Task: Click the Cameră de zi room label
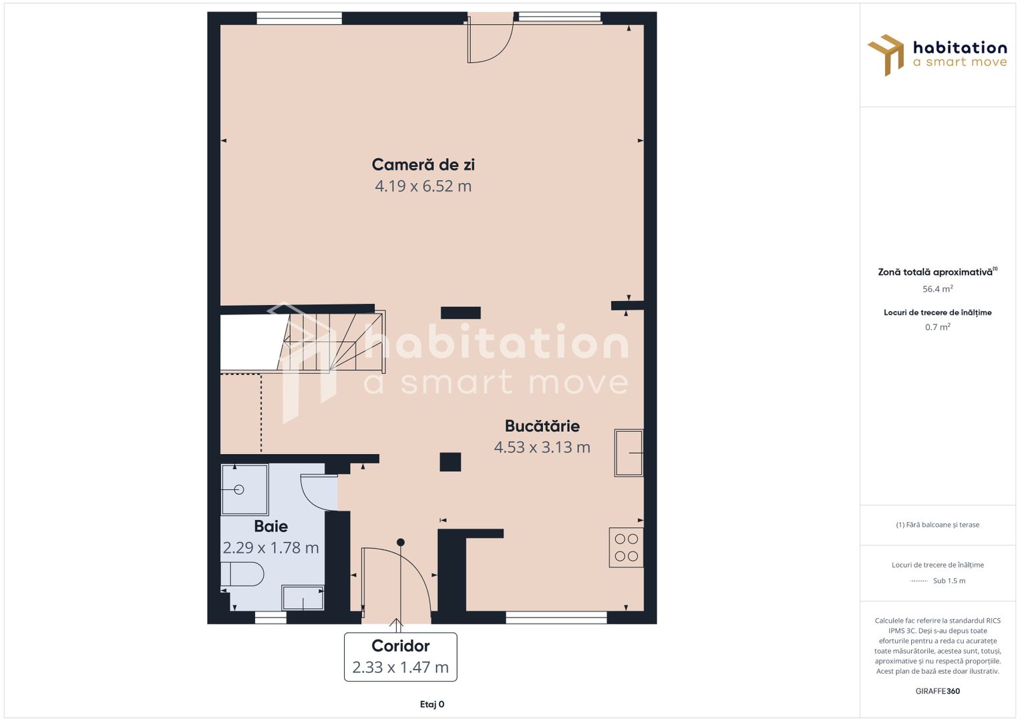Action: coord(423,164)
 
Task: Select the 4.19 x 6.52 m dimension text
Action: coord(423,186)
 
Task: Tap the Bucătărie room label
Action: coord(542,426)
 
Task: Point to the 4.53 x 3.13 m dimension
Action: coord(542,447)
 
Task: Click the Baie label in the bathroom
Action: coord(271,526)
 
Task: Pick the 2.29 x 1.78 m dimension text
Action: coord(271,547)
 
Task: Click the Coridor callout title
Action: coord(401,646)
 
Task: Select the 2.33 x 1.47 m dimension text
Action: coord(401,668)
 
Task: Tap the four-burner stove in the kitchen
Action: coord(626,547)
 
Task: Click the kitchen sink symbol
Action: coord(629,453)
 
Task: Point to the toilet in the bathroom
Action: coord(242,574)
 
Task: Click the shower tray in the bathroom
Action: coord(244,489)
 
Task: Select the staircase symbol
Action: coord(333,341)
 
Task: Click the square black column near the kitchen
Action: coord(450,462)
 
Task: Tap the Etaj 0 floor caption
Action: coord(432,704)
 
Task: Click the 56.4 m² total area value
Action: coord(938,288)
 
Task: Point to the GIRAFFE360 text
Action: coord(938,691)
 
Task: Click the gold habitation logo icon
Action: coord(886,55)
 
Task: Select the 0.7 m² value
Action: coord(938,327)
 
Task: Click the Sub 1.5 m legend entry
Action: coord(938,581)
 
